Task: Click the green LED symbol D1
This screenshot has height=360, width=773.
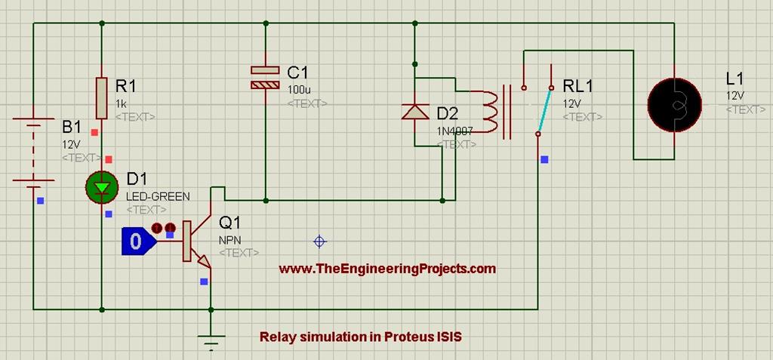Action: (x=102, y=186)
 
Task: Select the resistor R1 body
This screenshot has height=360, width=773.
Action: (x=102, y=97)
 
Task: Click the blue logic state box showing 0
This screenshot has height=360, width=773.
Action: (x=136, y=242)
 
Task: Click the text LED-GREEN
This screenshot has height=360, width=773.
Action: (x=158, y=195)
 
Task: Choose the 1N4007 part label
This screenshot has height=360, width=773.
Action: (x=454, y=131)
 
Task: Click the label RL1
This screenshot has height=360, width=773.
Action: (x=578, y=86)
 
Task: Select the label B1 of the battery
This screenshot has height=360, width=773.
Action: (x=72, y=126)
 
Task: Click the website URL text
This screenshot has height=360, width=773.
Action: (x=387, y=268)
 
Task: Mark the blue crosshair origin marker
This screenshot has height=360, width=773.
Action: (x=319, y=241)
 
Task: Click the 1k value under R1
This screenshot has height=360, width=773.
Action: (x=122, y=103)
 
